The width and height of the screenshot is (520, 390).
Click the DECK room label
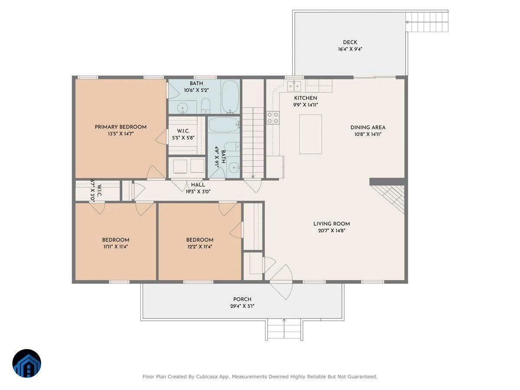350,42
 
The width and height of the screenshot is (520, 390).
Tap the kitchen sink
294,86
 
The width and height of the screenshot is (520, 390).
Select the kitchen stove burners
273,118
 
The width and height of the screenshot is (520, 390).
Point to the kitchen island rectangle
310,134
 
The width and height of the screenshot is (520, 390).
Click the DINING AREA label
367,127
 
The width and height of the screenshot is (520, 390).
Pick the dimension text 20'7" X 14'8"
331,231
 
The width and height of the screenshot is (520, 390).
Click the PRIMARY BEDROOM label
120,127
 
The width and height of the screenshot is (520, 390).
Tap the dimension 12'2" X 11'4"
199,247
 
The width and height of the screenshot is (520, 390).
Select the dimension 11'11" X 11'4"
116,247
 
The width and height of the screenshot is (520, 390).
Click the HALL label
198,185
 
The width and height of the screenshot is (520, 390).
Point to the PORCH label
242,299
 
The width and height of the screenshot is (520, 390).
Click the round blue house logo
27,363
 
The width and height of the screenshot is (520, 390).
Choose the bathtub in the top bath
230,97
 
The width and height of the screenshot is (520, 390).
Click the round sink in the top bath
182,108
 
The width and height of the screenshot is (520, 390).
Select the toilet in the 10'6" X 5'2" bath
206,106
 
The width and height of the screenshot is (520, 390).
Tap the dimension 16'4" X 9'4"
350,49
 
